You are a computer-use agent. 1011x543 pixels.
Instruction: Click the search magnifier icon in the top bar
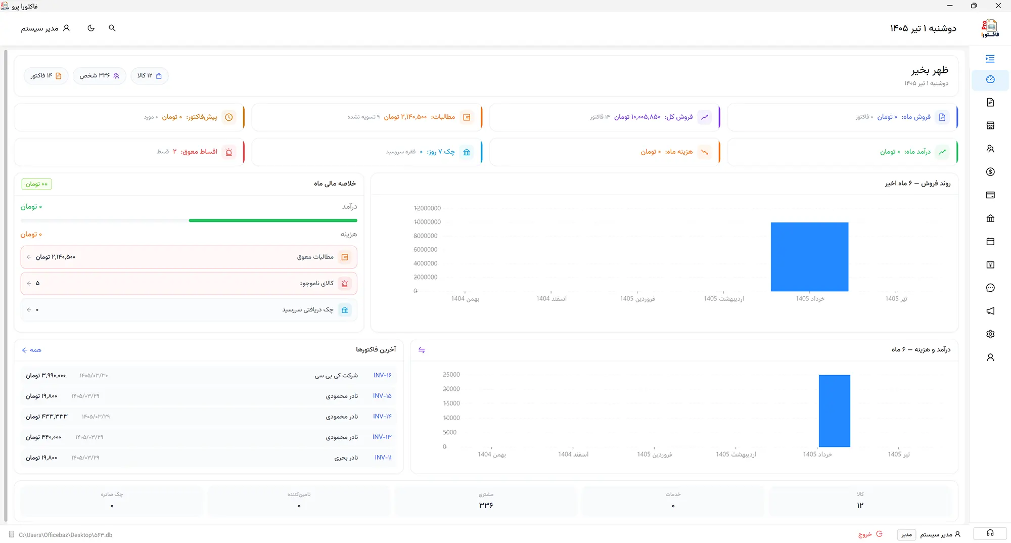(x=112, y=28)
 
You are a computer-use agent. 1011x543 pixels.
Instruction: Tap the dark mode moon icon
(x=91, y=28)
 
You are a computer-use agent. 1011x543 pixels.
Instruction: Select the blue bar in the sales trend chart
(x=809, y=257)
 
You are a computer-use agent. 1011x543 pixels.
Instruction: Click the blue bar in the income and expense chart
(x=835, y=411)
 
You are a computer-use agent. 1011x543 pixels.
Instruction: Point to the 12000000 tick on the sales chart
(x=427, y=208)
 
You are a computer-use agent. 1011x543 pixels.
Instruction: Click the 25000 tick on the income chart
(x=451, y=375)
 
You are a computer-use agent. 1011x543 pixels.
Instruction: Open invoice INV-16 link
(x=383, y=375)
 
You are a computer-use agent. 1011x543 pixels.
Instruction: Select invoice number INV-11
(x=383, y=458)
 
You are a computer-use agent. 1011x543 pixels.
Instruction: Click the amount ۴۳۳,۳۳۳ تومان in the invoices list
(x=47, y=417)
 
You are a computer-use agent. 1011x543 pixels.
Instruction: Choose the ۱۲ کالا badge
(x=150, y=76)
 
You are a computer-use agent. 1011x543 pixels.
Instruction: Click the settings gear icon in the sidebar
(x=990, y=334)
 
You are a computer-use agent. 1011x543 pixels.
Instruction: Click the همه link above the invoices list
(x=32, y=350)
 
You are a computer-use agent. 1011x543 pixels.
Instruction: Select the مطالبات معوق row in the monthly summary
(x=189, y=257)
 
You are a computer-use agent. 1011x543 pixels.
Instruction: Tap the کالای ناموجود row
(x=189, y=284)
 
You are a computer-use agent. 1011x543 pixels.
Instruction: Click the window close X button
(x=998, y=6)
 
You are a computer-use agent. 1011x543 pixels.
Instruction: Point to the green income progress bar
(x=273, y=220)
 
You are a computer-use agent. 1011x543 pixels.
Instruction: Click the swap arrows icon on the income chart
(x=422, y=350)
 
